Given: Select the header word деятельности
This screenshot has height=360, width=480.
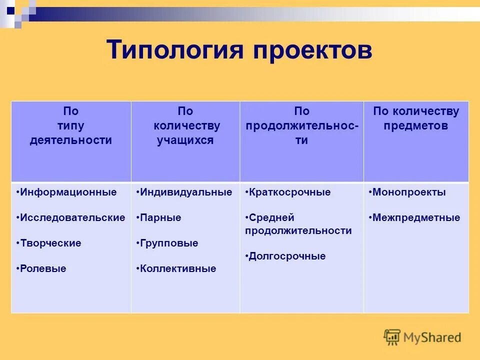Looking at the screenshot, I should [x=70, y=140].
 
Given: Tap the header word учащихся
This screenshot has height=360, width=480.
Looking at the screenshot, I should [x=185, y=140].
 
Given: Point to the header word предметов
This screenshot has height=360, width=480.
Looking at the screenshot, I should [x=416, y=126].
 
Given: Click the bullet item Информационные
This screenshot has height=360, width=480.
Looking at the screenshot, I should [x=68, y=192].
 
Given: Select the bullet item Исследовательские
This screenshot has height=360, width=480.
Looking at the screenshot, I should [x=72, y=217].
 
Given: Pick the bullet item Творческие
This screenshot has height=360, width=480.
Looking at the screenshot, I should [x=50, y=243].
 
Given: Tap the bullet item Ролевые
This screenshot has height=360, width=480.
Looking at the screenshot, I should [x=43, y=268].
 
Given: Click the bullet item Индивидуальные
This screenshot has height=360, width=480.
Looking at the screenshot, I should [x=186, y=192].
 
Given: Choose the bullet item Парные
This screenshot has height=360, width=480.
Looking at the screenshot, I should [x=160, y=217].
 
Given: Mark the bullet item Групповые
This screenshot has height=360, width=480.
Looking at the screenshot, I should [x=169, y=243].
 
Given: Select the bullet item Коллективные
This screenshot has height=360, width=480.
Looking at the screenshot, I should [x=178, y=268].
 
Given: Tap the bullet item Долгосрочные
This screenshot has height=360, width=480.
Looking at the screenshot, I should [x=287, y=256].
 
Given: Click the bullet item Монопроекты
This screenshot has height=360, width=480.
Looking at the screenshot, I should [x=409, y=192].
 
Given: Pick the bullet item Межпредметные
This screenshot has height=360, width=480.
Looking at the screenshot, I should [x=416, y=217].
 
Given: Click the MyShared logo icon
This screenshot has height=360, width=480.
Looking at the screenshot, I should [x=392, y=337].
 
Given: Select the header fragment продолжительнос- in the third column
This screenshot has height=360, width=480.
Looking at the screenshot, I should [x=301, y=126].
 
